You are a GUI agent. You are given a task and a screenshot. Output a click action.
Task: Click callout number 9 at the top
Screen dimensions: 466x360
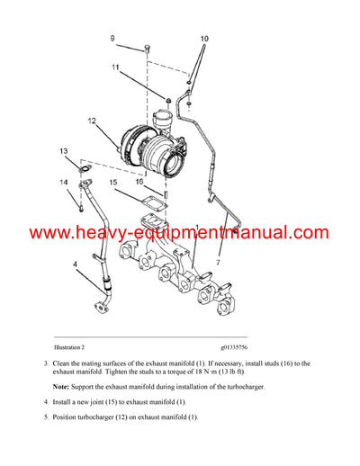pyautogui.click(x=112, y=38)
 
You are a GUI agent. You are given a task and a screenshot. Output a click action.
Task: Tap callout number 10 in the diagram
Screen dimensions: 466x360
pyautogui.click(x=203, y=39)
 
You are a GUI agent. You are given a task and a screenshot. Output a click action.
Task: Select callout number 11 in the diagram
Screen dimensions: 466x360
pyautogui.click(x=115, y=68)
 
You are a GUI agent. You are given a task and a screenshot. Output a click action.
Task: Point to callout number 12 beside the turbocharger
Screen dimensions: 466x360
pyautogui.click(x=91, y=121)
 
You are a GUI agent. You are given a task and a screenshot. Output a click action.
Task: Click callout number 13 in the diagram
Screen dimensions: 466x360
pyautogui.click(x=63, y=150)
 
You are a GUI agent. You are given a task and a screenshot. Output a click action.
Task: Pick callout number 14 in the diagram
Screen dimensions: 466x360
pyautogui.click(x=63, y=183)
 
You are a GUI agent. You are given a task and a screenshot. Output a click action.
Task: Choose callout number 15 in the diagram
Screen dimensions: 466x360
pyautogui.click(x=113, y=184)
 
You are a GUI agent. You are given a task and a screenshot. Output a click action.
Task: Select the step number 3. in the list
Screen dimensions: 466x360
pyautogui.click(x=46, y=363)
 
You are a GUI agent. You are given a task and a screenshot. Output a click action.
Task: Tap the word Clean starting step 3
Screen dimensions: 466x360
pyautogui.click(x=64, y=363)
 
